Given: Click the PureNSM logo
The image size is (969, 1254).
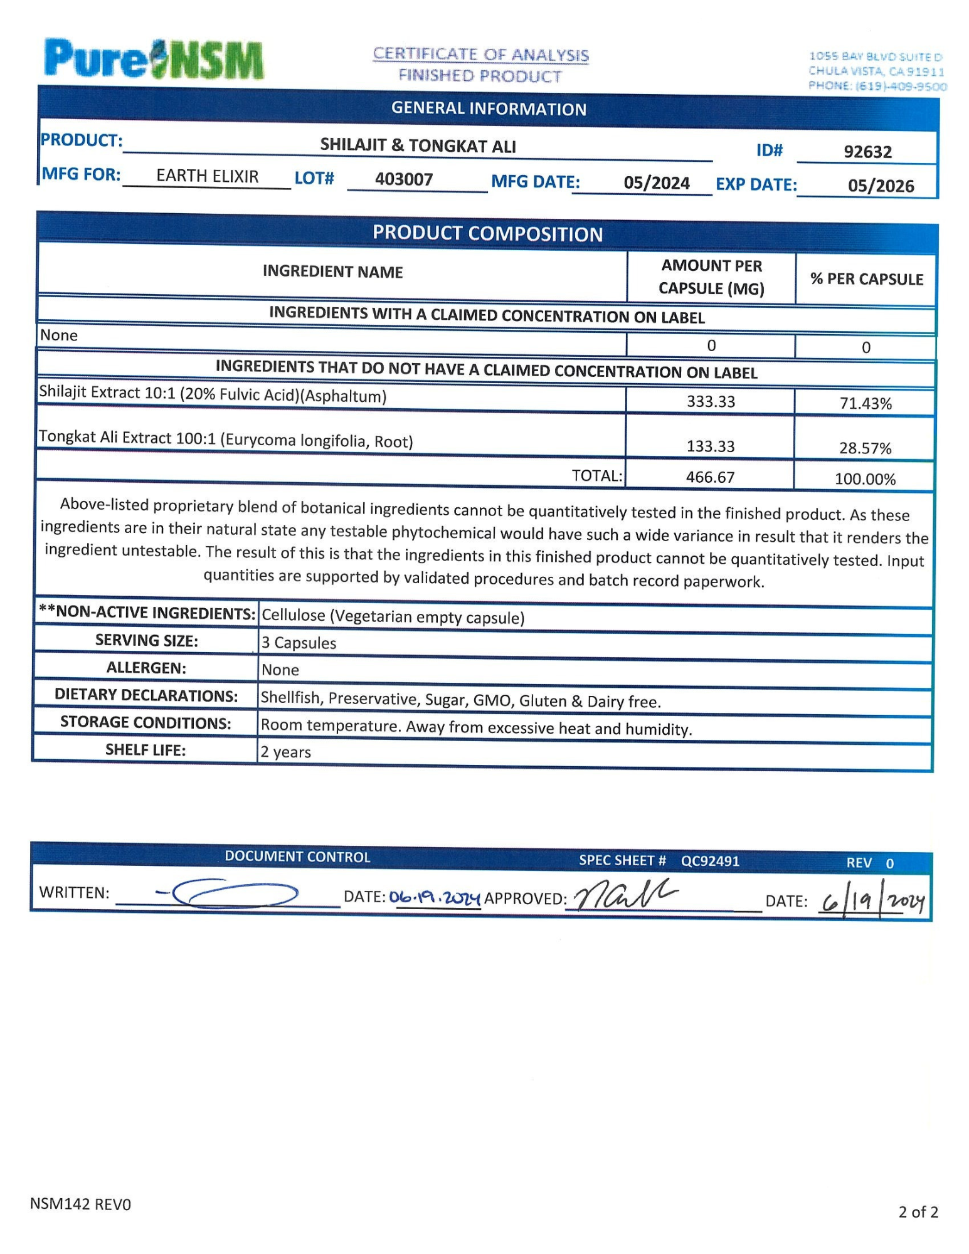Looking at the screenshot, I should click(154, 60).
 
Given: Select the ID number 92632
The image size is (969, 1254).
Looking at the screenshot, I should click(867, 152).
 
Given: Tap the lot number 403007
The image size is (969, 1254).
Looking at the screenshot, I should click(404, 179).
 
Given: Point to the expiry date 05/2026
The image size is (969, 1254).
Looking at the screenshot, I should click(881, 186).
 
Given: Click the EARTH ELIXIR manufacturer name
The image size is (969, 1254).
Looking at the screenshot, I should click(207, 176).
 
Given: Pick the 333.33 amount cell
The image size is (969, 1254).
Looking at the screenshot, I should click(711, 401).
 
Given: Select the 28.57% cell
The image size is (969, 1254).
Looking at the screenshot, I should click(865, 448).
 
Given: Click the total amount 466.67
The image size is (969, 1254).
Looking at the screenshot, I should click(710, 477).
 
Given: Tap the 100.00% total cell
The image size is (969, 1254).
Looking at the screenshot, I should click(865, 480).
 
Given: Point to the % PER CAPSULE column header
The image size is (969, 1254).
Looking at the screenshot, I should click(866, 279).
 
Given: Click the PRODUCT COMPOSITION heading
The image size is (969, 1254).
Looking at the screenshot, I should click(487, 234).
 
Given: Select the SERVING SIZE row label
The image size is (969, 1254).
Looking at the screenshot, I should click(146, 640).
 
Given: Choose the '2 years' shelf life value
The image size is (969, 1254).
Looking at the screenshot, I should click(286, 752).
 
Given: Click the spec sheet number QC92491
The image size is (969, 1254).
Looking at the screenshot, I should click(710, 861).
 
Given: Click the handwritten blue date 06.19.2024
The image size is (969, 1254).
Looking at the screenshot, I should click(435, 898).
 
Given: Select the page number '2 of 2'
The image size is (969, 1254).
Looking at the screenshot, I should click(918, 1212).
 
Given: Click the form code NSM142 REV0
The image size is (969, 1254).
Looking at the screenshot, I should click(80, 1204).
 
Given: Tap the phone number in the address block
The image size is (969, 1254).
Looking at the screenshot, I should click(877, 86).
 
